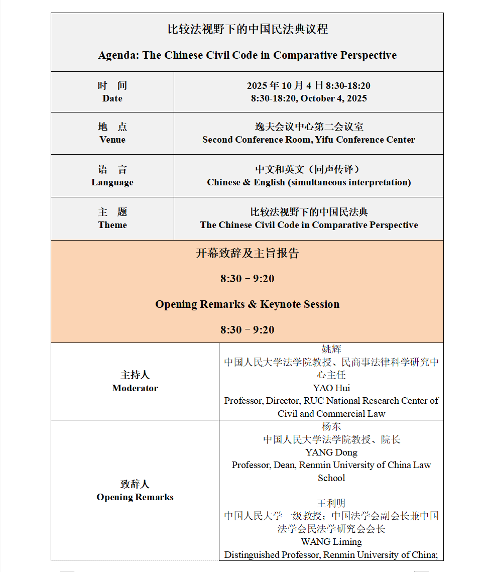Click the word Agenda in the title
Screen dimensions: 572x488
pyautogui.click(x=118, y=55)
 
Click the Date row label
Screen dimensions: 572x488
pyautogui.click(x=112, y=98)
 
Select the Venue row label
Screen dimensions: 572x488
pyautogui.click(x=112, y=140)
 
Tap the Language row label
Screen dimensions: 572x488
pyautogui.click(x=112, y=182)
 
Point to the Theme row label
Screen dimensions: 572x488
pyautogui.click(x=112, y=225)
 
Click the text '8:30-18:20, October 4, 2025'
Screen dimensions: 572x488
pyautogui.click(x=309, y=98)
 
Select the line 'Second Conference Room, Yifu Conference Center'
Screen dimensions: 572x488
pyautogui.click(x=309, y=140)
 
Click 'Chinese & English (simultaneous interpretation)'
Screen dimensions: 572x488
pyautogui.click(x=309, y=182)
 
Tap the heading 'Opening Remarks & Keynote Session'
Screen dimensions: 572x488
pyautogui.click(x=247, y=304)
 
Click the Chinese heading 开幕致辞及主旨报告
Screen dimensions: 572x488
pyautogui.click(x=247, y=253)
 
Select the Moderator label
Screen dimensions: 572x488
pyautogui.click(x=135, y=388)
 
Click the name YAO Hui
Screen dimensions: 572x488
pyautogui.click(x=331, y=388)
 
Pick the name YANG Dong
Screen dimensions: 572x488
pyautogui.click(x=331, y=452)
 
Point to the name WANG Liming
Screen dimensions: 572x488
pyautogui.click(x=331, y=542)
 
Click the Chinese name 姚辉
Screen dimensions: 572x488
pyautogui.click(x=331, y=349)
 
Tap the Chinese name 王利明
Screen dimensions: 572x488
pyautogui.click(x=331, y=503)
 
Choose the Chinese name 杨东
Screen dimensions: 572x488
pyautogui.click(x=331, y=426)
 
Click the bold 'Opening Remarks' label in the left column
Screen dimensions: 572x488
pyautogui.click(x=135, y=497)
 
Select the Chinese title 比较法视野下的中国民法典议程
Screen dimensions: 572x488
pyautogui.click(x=247, y=30)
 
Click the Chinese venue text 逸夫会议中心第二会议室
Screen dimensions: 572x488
pyautogui.click(x=309, y=127)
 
